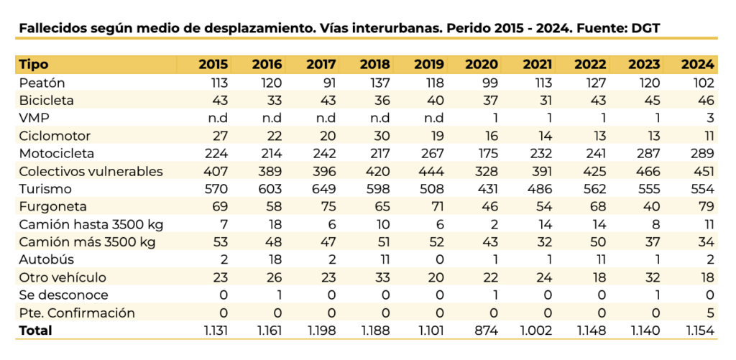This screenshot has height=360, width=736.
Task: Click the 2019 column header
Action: coord(429,64)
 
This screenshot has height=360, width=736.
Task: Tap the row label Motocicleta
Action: coord(57,153)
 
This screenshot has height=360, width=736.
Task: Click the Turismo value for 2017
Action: coord(322,188)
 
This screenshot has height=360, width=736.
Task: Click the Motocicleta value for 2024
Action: coord(701,153)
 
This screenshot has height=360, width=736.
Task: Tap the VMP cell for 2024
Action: coord(709,118)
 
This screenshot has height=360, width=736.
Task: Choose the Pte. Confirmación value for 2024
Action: coord(709,313)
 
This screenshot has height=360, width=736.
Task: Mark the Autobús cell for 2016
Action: coord(273,259)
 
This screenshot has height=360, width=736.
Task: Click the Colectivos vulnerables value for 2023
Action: coord(647,171)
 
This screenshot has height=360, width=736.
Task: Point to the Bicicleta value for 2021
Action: coord(543,100)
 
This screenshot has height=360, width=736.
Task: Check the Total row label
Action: coord(36,331)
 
